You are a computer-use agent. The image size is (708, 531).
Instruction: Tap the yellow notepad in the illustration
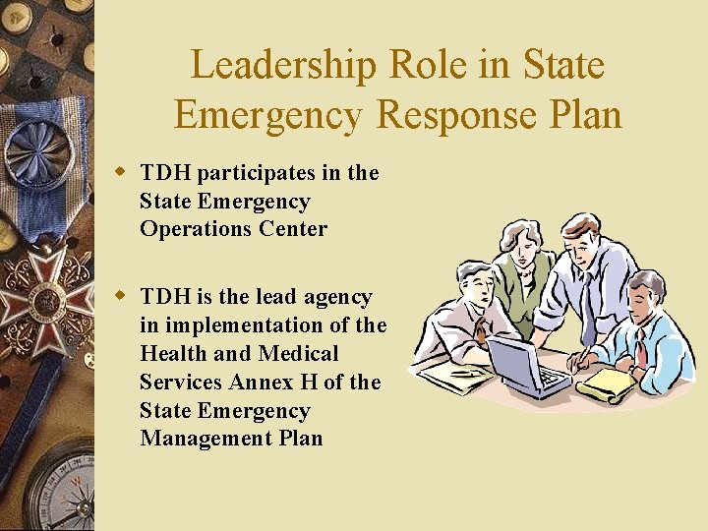coord(607,383)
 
